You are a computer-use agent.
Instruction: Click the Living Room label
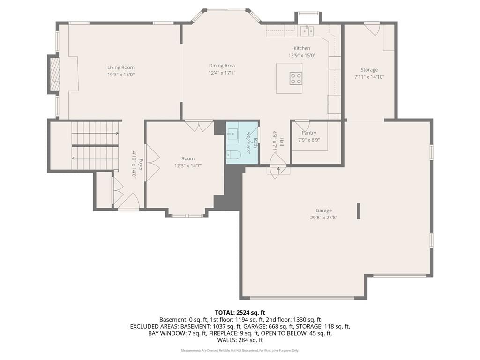121,67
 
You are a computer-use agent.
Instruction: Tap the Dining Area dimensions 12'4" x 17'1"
222,73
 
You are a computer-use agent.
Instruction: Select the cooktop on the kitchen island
296,78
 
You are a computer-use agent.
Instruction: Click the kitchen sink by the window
307,30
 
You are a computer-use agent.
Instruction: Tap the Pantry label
309,133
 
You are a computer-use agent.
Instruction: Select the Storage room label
369,70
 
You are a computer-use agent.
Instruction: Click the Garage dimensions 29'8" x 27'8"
323,217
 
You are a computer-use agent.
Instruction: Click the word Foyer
141,165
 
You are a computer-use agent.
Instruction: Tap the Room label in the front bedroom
188,158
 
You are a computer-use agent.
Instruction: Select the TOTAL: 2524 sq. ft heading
240,313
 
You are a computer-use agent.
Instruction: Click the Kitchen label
302,48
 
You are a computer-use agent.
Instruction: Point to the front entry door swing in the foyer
131,201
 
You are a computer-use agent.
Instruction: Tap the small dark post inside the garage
359,211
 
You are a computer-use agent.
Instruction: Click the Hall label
281,142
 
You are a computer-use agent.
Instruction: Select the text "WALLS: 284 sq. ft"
240,340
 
